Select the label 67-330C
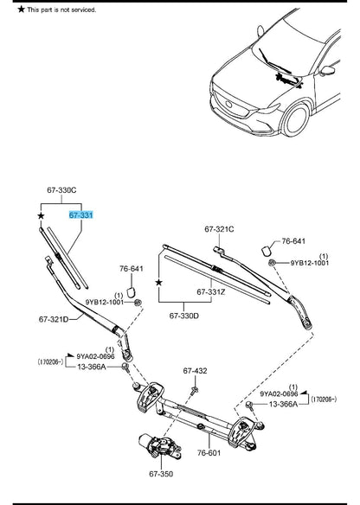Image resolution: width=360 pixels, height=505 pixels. click(x=61, y=189)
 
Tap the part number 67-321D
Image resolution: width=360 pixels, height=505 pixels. click(x=54, y=319)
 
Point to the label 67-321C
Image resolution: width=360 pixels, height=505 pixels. click(x=220, y=229)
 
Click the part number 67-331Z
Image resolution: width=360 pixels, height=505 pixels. click(x=210, y=291)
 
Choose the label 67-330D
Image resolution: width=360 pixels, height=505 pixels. click(x=184, y=315)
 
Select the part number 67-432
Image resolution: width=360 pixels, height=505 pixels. click(x=195, y=371)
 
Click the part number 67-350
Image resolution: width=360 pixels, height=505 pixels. click(x=161, y=474)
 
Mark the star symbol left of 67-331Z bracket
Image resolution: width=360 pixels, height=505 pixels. click(x=158, y=283)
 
